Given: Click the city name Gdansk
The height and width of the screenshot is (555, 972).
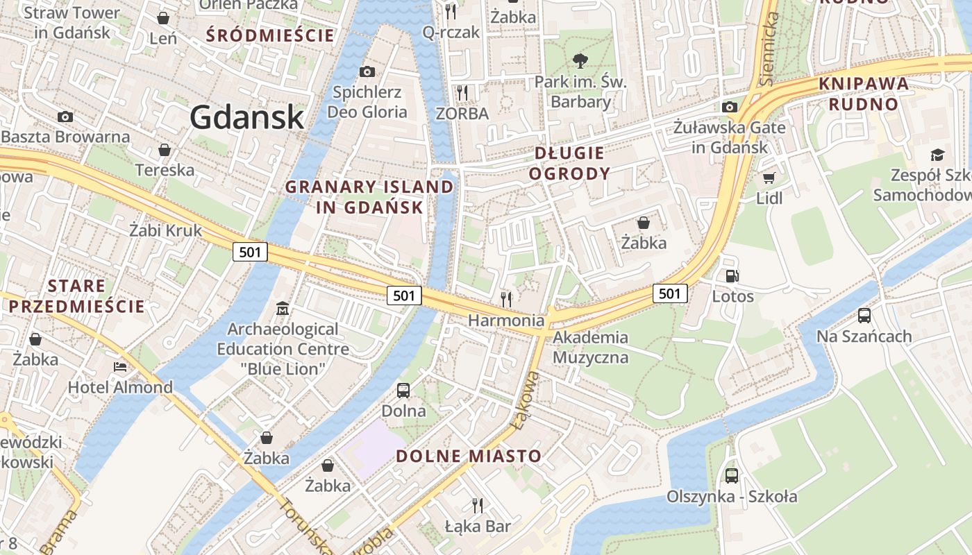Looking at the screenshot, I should coord(247,117).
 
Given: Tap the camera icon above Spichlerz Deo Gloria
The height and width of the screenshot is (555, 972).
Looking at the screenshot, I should coord(367,71).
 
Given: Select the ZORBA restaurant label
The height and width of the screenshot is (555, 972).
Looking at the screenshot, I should coord(462,113).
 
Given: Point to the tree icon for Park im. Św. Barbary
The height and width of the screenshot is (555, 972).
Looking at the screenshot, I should coord(580,61).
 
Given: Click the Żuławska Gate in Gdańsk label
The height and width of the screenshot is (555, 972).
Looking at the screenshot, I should coord(729,137).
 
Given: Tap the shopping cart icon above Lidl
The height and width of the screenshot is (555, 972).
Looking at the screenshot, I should coord(769,178).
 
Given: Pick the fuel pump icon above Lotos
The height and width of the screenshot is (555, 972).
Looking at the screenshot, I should coord(732,276).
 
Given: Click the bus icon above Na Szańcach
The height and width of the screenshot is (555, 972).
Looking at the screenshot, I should coord(864,316).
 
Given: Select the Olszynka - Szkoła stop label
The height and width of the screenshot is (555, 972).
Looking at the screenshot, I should coord(732,497).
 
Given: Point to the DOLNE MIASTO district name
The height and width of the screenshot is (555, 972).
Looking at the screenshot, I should coord(469,456).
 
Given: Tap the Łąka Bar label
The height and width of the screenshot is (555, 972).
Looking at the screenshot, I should coord(478,526).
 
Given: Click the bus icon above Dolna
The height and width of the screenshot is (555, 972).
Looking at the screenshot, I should coord(403,391).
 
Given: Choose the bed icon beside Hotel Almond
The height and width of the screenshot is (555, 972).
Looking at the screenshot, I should coord(120,366).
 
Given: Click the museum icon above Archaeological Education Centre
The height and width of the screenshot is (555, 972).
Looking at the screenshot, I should coord(283,308).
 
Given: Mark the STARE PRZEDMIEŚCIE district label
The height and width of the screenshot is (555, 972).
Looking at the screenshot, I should coord(76,296).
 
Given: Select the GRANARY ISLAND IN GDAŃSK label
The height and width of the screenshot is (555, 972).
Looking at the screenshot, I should coord(369,197).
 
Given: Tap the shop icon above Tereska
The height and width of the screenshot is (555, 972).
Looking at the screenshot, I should coord(165,150).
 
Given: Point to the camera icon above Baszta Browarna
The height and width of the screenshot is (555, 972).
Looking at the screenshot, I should coord(65,117).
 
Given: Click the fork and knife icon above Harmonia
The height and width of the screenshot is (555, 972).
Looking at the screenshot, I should coord(506,299).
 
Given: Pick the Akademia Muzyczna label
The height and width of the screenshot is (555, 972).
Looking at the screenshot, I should coord(591,348).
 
